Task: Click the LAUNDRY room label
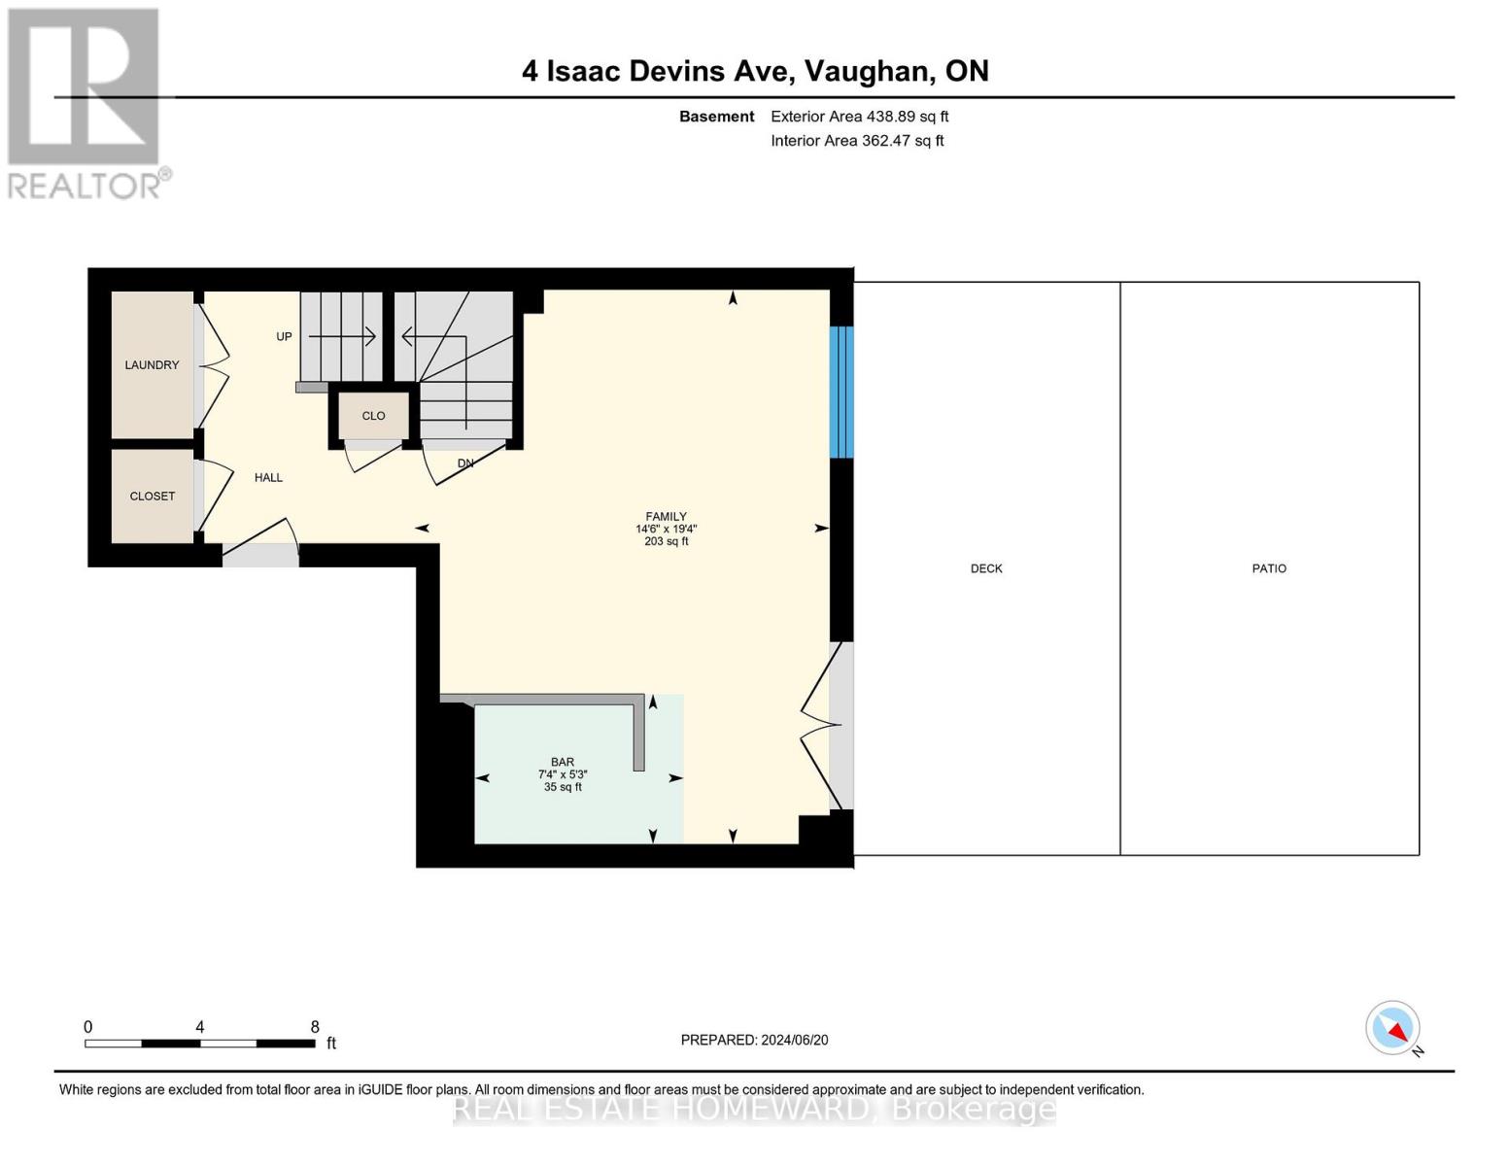click(152, 365)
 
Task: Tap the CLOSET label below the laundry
click(153, 497)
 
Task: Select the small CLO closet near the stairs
click(373, 416)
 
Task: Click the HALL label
click(268, 478)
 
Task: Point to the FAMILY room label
click(666, 517)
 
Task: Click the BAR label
click(563, 763)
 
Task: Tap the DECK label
click(986, 568)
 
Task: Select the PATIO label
click(1269, 568)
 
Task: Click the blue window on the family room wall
click(840, 392)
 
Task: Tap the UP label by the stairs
click(284, 337)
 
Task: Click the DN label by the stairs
click(465, 463)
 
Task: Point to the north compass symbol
click(1393, 1028)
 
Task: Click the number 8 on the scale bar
click(315, 1027)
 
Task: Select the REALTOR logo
click(86, 103)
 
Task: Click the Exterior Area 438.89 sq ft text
click(859, 117)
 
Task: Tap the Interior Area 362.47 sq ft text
click(857, 141)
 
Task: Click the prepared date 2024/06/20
click(794, 1040)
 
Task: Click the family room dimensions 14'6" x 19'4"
click(666, 530)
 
